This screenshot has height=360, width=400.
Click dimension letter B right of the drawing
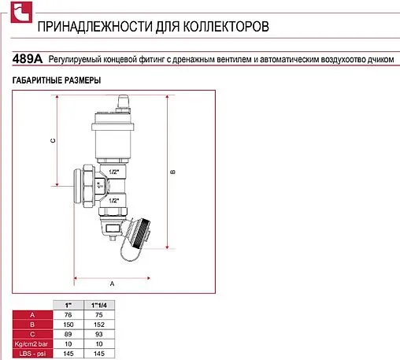(x=172, y=172)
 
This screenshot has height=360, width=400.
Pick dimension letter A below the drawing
(x=112, y=281)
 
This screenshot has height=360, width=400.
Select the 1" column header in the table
(x=67, y=304)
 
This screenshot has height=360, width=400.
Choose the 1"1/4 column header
(x=98, y=304)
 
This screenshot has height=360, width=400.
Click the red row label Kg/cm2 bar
(x=31, y=343)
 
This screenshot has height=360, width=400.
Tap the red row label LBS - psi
(x=31, y=353)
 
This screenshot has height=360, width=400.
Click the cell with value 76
(x=67, y=314)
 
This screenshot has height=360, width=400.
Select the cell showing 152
(x=98, y=324)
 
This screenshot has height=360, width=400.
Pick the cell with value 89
(x=67, y=333)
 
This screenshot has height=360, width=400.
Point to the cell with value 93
(x=98, y=333)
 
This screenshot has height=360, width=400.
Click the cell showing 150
(x=67, y=324)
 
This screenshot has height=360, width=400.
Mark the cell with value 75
(x=98, y=314)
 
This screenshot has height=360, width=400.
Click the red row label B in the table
(x=31, y=324)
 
